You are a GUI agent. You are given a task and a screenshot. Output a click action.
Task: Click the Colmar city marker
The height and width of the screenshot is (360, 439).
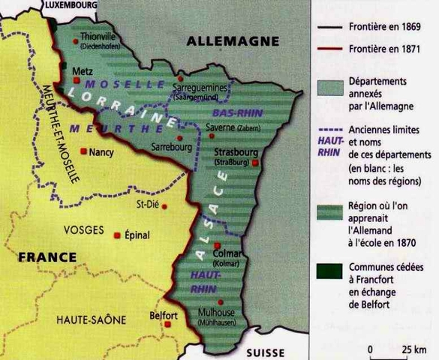[x=217, y=246]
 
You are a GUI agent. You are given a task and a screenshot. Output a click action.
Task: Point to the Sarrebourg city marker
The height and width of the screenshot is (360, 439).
[x=178, y=137]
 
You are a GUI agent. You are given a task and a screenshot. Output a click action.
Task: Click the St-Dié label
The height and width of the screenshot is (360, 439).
[x=146, y=204]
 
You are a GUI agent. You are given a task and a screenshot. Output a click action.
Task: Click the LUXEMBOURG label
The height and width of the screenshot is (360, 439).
[x=73, y=4]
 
